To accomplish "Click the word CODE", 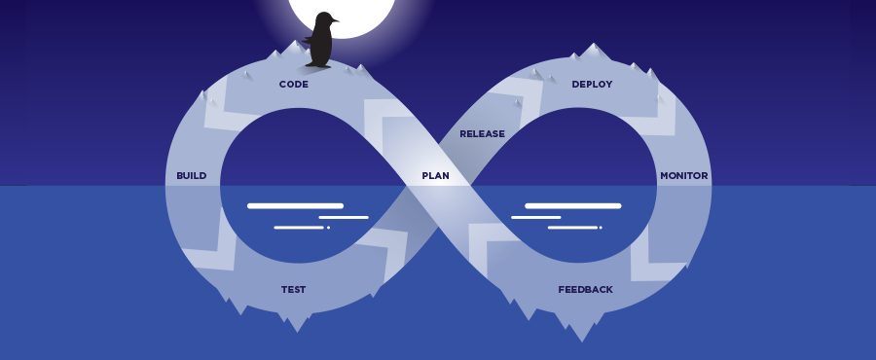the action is pyautogui.click(x=293, y=85).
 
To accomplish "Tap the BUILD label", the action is pyautogui.click(x=191, y=176).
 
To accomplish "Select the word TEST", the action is pyautogui.click(x=293, y=290).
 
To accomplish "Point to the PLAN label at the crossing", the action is pyautogui.click(x=435, y=176).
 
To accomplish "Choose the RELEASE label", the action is pyautogui.click(x=482, y=134).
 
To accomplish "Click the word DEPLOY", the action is pyautogui.click(x=592, y=85).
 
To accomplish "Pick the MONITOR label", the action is pyautogui.click(x=683, y=176).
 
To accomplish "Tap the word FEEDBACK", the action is pyautogui.click(x=585, y=290).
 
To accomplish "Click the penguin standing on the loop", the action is pyautogui.click(x=320, y=42).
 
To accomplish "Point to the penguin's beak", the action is pyautogui.click(x=335, y=20).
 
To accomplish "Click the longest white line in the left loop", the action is pyautogui.click(x=295, y=206).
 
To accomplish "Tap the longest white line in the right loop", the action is pyautogui.click(x=572, y=206).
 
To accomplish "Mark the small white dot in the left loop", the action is pyautogui.click(x=328, y=228).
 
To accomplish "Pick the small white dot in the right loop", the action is pyautogui.click(x=601, y=228).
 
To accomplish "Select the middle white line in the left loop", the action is pyautogui.click(x=344, y=218).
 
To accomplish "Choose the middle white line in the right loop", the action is pyautogui.click(x=535, y=218).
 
